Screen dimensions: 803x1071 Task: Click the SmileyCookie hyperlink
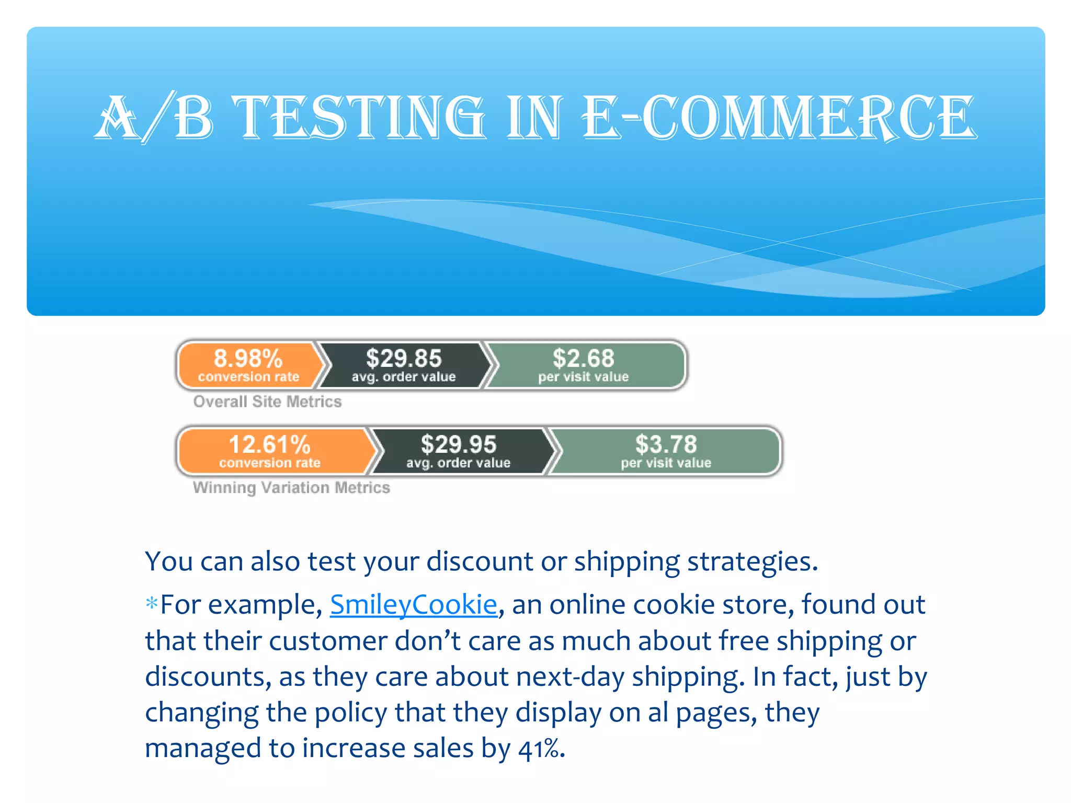coord(413,605)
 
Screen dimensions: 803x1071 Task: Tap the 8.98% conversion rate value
coord(248,359)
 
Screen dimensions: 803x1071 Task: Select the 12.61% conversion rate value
coord(270,445)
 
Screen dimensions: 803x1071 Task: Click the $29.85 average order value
coord(404,359)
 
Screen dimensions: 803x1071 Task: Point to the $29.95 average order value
coord(458,445)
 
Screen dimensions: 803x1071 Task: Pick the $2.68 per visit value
coord(583,359)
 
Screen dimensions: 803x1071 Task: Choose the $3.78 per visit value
coord(666,445)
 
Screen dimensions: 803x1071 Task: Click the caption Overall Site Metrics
coord(267,401)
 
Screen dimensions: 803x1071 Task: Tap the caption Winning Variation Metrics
coord(291,488)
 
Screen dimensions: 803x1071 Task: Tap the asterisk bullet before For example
coord(152,604)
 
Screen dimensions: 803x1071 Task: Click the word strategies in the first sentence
coord(752,562)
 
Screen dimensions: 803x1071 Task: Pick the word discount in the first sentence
coord(480,562)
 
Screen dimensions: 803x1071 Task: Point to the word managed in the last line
coord(203,749)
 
